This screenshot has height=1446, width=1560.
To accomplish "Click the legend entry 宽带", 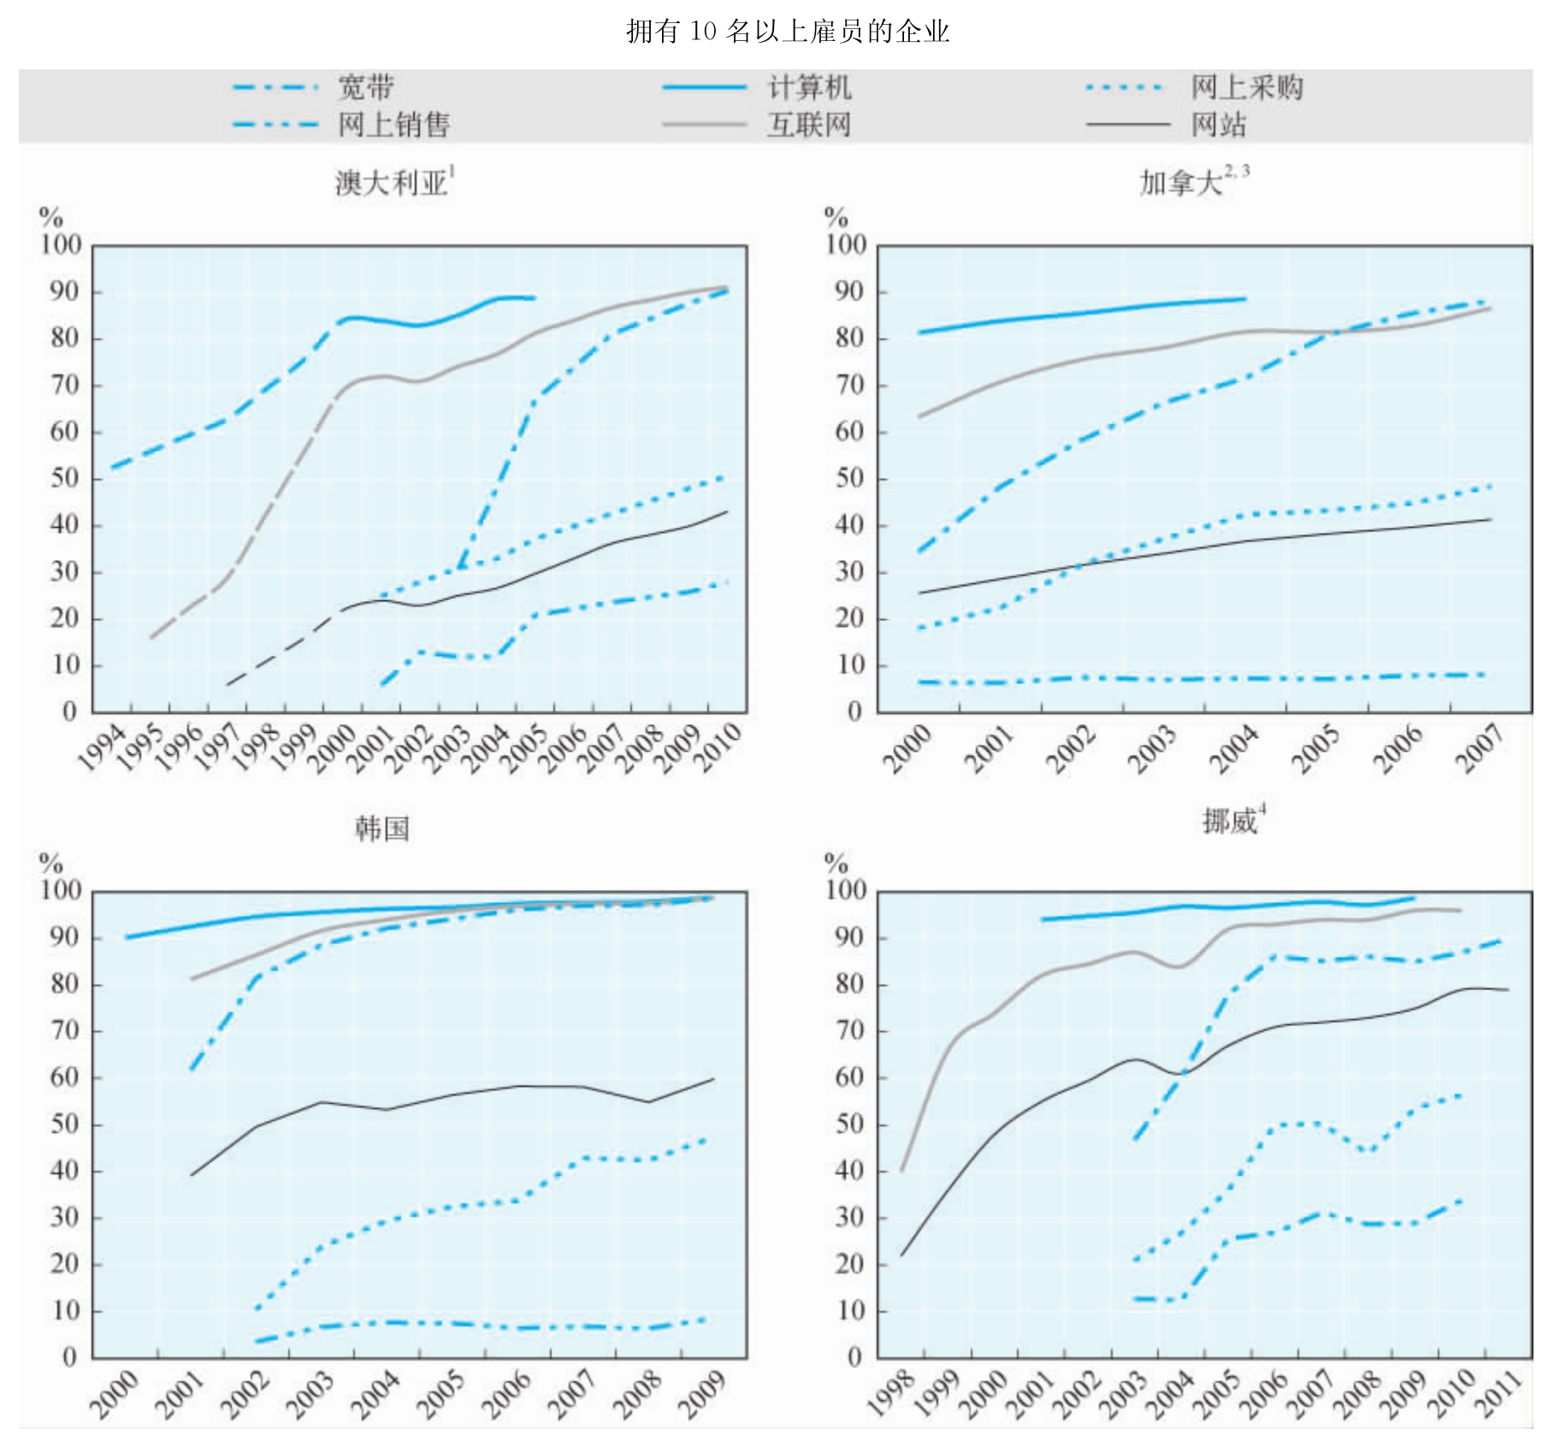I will pyautogui.click(x=365, y=87).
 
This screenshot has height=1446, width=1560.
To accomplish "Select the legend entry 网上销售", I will pyautogui.click(x=393, y=125).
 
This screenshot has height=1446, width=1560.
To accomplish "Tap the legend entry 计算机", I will pyautogui.click(x=808, y=87).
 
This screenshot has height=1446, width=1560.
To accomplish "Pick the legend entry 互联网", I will pyautogui.click(x=808, y=125).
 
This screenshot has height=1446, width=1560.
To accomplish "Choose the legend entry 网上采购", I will pyautogui.click(x=1246, y=87).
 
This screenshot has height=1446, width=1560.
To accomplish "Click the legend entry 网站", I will pyautogui.click(x=1218, y=125).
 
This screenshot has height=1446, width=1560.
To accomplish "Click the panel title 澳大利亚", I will pyautogui.click(x=392, y=182).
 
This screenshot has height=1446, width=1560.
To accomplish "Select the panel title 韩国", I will pyautogui.click(x=382, y=828).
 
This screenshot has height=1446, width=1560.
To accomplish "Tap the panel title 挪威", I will pyautogui.click(x=1230, y=821).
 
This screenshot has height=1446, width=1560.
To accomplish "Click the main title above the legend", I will pyautogui.click(x=787, y=32).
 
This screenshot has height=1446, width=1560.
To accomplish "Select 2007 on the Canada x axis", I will pyautogui.click(x=1481, y=748).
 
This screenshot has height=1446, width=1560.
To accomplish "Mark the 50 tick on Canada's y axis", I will pyautogui.click(x=850, y=478).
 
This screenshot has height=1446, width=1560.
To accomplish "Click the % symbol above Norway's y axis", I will pyautogui.click(x=836, y=862).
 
